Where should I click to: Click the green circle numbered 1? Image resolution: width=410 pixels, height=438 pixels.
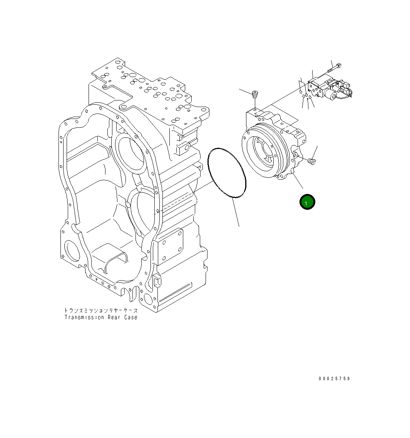pos(307,202)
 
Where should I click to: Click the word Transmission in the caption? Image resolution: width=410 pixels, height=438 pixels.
pos(84,318)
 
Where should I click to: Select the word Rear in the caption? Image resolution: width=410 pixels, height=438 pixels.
pos(114,318)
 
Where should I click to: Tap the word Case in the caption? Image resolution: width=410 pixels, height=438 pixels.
pos(131,318)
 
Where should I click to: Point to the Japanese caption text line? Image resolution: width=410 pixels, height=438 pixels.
pos(100,310)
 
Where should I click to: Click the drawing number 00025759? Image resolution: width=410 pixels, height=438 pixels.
pos(334,379)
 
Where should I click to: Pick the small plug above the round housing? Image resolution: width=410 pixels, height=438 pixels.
pos(254,94)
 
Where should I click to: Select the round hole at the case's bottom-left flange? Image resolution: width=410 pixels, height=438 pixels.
pos(72,252)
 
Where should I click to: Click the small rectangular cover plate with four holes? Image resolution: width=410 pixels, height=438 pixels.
pos(171,245)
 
